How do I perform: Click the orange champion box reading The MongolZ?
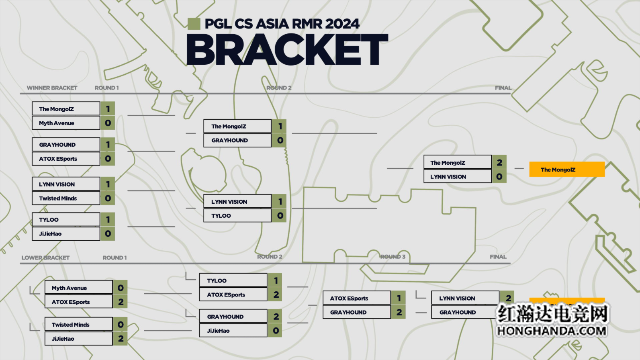pos(566,170)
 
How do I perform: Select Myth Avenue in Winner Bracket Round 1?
pos(65,123)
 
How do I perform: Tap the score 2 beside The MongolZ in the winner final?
pos(499,162)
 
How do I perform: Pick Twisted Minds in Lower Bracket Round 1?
pos(78,325)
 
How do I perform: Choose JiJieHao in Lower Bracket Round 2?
pos(233,331)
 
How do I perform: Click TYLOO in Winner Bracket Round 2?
pos(237,216)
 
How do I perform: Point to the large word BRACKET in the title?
pos(287,50)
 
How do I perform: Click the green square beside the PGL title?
pos(194,24)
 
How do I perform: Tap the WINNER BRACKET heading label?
pos(52,88)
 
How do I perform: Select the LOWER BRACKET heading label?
pos(45,258)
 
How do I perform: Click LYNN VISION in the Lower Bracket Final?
pos(465,298)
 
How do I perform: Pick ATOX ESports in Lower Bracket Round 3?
pos(356,299)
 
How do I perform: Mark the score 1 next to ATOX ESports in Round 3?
pos(399,299)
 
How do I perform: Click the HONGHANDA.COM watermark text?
pos(552,331)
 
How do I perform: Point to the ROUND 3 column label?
pos(393,257)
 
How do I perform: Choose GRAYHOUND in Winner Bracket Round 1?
pos(65,145)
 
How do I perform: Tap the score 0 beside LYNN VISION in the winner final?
pos(499,176)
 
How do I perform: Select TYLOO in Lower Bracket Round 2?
pos(233,280)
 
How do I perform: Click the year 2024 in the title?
pos(342,24)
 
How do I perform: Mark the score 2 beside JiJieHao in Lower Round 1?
pos(121,339)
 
